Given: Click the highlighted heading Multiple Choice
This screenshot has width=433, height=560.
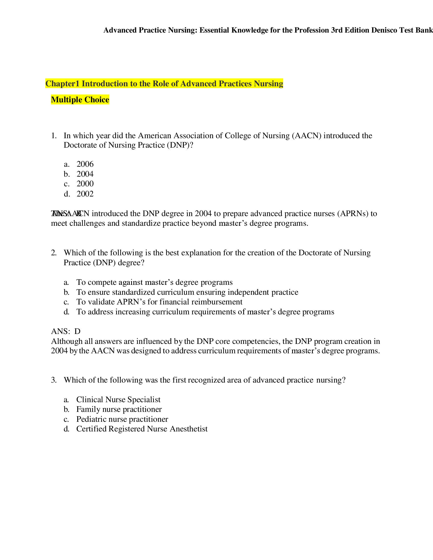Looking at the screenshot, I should point(80,100).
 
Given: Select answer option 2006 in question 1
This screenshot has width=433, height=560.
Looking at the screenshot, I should point(85,164).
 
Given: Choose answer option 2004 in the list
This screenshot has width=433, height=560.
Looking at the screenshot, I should point(85,174).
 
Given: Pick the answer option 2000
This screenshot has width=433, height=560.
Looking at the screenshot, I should point(85,184).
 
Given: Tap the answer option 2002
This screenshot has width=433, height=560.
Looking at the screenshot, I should point(85,194).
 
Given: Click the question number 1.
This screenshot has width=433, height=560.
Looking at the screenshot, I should point(53,136).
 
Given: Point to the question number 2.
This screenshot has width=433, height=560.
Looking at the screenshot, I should point(53,253).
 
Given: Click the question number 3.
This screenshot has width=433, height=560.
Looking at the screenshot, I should point(53,380).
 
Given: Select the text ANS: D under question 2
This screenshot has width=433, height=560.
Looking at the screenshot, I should point(66,331).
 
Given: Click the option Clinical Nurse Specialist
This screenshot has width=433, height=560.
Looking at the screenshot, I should point(118,400).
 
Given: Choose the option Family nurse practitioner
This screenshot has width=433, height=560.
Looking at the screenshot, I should point(119,410).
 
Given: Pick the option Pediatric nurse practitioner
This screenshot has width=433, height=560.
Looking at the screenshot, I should point(122,419).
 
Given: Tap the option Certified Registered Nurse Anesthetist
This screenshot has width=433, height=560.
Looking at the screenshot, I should point(142,429).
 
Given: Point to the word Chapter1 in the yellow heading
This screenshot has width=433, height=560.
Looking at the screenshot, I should point(62,83).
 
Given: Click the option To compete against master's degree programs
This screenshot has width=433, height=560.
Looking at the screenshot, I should point(154,282).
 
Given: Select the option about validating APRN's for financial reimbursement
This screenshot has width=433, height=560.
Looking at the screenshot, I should point(159,302).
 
